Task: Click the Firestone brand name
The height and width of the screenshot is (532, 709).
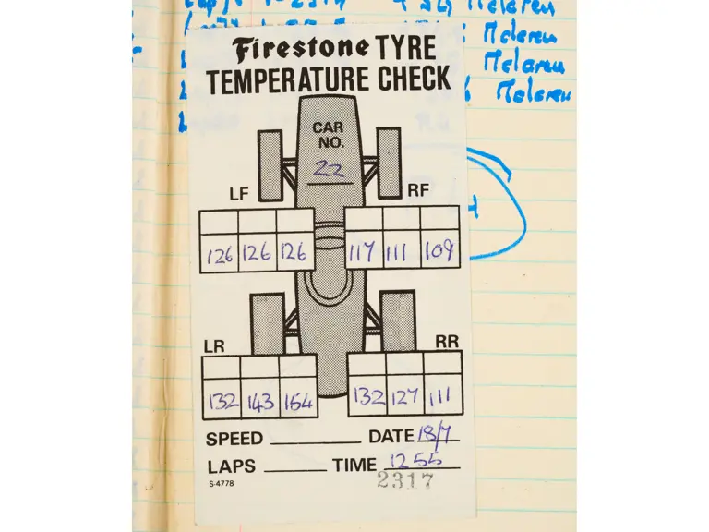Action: click(301, 50)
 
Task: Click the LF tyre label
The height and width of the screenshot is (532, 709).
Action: click(239, 194)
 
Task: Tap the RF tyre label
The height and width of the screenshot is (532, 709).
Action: click(417, 190)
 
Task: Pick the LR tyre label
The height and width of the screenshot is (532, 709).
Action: click(214, 346)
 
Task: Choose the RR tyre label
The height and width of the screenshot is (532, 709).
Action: click(447, 342)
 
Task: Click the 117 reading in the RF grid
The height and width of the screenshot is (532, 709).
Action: click(364, 251)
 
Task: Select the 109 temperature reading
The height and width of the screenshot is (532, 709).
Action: click(439, 250)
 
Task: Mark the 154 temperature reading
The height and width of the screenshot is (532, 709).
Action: click(297, 403)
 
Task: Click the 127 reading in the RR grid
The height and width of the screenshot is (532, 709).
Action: click(404, 397)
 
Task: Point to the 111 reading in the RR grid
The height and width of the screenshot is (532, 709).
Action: click(440, 397)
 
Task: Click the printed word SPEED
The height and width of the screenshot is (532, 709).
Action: click(234, 439)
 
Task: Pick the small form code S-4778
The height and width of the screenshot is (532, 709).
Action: click(221, 483)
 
